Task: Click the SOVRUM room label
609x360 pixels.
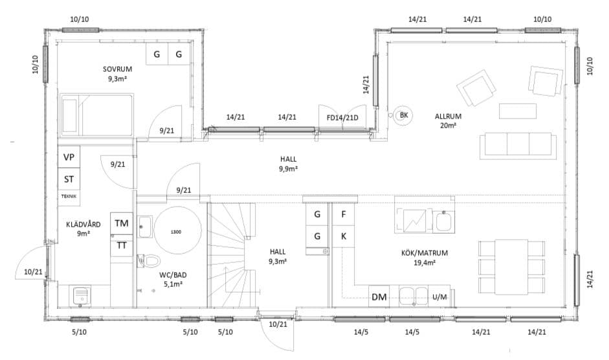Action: pos(117,69)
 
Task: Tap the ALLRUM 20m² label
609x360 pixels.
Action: pos(448,120)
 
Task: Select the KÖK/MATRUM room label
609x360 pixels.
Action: pos(424,253)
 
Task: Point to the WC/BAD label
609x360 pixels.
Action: pos(173,275)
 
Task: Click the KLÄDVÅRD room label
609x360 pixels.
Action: pos(83,224)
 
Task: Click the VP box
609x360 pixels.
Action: pos(69,157)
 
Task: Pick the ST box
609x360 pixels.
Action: pos(69,179)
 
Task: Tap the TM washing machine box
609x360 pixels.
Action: pos(122,223)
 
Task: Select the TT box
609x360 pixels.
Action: pos(122,245)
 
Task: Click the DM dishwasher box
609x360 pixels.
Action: pos(379,297)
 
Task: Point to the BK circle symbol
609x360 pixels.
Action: pos(404,115)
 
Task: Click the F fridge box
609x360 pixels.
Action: pos(344,214)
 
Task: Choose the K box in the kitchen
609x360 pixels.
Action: pos(344,236)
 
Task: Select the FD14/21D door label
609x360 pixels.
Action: pos(342,117)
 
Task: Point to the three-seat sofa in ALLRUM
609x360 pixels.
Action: pos(518,146)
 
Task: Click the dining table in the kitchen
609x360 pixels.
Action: pos(511,267)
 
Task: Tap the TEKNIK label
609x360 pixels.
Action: pos(69,196)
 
